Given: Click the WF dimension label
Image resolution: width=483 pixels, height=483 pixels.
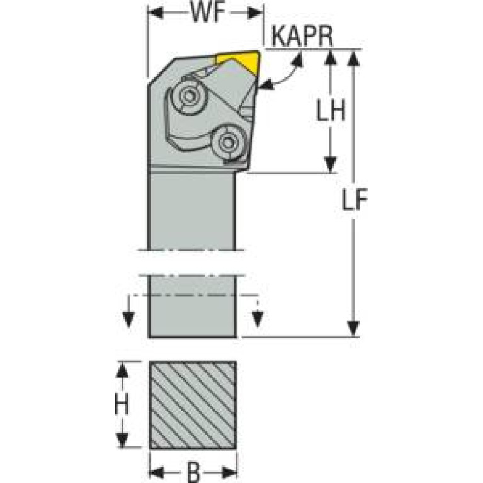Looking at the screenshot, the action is click(x=208, y=13).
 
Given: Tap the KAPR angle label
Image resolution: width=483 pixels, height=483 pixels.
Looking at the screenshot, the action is click(x=302, y=37).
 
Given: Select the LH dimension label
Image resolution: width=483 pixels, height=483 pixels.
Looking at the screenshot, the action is click(x=331, y=110).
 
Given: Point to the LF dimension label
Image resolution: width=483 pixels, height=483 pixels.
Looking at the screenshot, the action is click(x=355, y=199).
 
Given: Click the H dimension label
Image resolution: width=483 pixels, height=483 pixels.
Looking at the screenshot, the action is click(x=122, y=404).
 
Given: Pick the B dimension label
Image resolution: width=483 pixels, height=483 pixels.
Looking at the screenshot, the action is click(x=193, y=473).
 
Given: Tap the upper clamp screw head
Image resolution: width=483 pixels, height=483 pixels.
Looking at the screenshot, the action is click(x=189, y=96).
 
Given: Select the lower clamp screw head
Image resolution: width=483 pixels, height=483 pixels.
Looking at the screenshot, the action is click(x=228, y=142).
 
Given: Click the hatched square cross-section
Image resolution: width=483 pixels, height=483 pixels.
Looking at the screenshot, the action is click(x=193, y=405).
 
